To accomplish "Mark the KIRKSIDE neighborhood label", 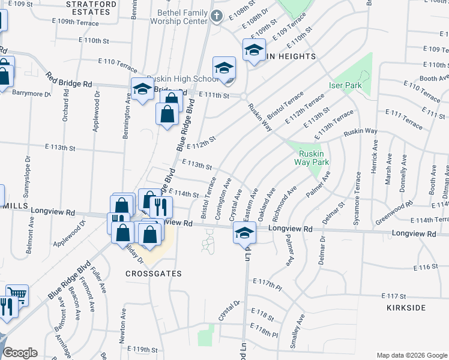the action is click(x=408, y=308).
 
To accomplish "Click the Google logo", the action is click(x=20, y=353).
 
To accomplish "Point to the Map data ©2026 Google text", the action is click(x=411, y=355).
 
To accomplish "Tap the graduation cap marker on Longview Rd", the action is click(x=244, y=233).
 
